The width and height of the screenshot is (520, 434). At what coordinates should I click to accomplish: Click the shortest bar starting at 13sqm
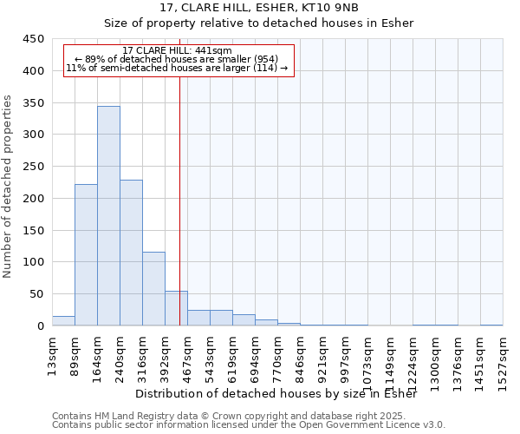63,320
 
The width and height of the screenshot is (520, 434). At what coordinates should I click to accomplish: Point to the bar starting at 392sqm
176,308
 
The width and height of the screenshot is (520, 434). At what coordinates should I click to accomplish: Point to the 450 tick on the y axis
34,39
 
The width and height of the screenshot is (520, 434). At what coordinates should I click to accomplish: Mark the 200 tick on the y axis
34,198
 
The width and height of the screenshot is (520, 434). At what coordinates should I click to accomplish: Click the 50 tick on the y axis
37,294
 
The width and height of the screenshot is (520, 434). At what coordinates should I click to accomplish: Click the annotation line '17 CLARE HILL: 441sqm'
178,51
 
